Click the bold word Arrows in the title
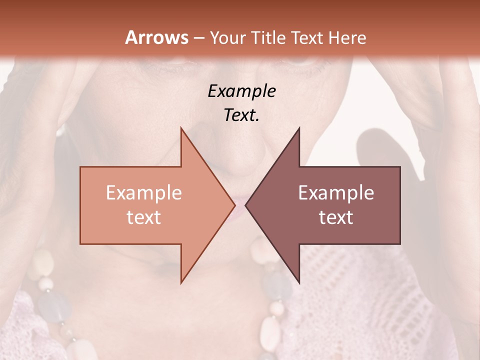click(x=156, y=37)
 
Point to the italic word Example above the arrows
click(x=241, y=91)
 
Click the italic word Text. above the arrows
click(x=241, y=115)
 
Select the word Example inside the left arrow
click(x=143, y=193)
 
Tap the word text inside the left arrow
click(x=143, y=217)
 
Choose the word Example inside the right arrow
click(x=336, y=193)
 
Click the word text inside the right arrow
click(x=336, y=217)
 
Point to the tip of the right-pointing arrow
click(x=234, y=205)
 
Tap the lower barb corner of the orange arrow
click(x=181, y=282)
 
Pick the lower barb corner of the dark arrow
click(x=299, y=282)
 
